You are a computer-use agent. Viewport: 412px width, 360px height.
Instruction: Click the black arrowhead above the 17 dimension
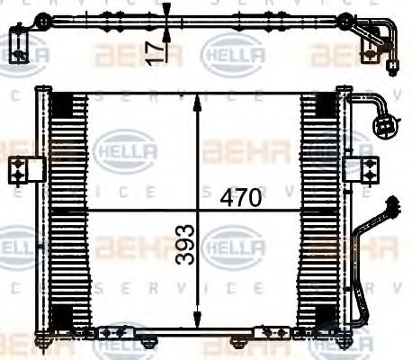166,12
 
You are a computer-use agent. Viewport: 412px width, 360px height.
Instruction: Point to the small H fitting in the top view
393,65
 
